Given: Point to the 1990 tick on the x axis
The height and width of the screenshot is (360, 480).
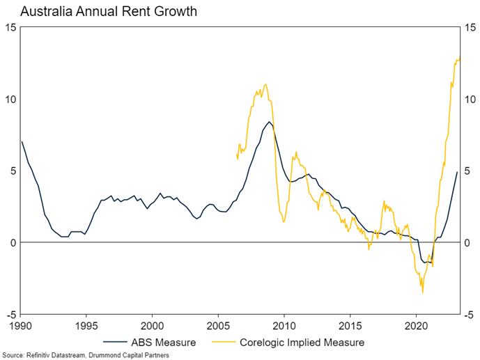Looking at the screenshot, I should (21, 324).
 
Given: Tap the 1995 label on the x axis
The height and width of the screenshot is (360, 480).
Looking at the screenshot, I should (86, 324).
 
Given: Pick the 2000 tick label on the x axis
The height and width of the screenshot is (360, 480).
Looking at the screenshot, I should (152, 324).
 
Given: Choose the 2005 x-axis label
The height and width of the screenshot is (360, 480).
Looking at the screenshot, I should (218, 324).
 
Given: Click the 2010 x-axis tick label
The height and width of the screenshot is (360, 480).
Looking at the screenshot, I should (284, 324).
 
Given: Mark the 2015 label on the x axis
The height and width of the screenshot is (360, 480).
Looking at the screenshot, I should (350, 324).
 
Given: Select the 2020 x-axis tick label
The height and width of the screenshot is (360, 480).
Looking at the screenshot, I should (415, 324).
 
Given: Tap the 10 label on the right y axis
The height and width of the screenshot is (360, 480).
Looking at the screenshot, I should (470, 99).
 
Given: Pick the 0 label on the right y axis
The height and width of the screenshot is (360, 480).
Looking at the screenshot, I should (468, 242).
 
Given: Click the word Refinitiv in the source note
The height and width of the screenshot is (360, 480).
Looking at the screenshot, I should (41, 355).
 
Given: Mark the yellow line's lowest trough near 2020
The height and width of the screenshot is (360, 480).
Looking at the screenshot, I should (422, 292).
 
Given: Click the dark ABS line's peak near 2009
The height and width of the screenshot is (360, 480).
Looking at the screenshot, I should (269, 122).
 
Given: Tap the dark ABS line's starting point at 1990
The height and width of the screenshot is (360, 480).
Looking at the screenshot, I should (22, 141).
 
